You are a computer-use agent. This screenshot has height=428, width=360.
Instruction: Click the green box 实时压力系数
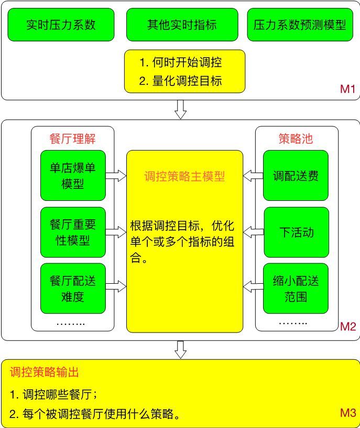click(x=61, y=25)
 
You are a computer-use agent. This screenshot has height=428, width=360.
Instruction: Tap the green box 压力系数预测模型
click(x=300, y=25)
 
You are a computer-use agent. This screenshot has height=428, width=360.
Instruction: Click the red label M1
click(x=348, y=89)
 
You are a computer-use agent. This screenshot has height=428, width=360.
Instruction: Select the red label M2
click(x=348, y=327)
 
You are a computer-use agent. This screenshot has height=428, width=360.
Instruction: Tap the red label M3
click(x=348, y=413)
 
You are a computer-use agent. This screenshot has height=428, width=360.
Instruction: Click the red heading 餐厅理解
click(x=72, y=138)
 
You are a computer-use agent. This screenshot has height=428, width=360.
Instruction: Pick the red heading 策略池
click(x=296, y=138)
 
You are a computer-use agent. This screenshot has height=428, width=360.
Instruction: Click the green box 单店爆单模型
click(x=73, y=176)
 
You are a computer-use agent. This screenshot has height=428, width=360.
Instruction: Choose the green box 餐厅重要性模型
click(x=73, y=232)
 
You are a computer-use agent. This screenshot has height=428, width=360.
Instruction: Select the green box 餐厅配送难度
click(x=73, y=288)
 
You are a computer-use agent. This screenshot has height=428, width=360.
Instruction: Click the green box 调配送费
click(x=296, y=176)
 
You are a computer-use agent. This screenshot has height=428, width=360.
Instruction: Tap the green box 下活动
click(x=296, y=232)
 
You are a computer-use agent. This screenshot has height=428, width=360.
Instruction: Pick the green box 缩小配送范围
click(x=296, y=288)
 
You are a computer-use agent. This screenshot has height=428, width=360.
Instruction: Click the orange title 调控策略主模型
click(x=184, y=176)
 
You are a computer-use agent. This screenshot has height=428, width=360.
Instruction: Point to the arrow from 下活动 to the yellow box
click(x=253, y=231)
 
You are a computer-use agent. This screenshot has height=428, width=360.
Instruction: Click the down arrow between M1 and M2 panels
click(x=180, y=109)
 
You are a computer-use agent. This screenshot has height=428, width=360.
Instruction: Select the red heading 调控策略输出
click(x=45, y=372)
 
